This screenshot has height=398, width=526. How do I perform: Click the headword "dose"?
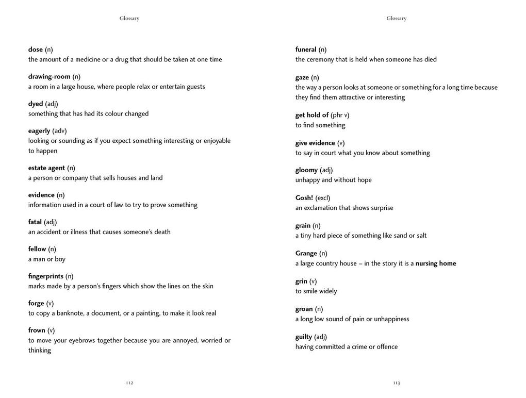pos(36,49)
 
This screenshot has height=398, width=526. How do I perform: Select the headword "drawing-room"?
pos(49,77)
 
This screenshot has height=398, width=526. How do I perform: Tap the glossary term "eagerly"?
pos(39,131)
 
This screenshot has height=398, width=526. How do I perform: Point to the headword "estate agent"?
pos(46,168)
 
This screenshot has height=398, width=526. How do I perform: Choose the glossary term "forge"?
pos(36,303)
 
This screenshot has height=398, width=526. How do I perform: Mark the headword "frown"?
pos(37,330)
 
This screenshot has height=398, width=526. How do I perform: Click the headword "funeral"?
pos(306,49)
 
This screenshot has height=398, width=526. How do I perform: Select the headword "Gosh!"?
pos(304,198)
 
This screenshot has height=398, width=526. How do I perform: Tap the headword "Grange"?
pos(306,254)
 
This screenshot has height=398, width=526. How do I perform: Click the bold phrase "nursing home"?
pos(436,263)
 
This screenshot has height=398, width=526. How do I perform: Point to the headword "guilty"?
pos(304,337)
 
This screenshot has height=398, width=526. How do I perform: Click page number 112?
pos(129,383)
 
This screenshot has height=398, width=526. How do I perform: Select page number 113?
pos(397,383)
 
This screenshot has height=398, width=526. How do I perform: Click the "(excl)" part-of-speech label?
pos(323,198)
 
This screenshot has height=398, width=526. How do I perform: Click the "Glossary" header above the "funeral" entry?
pos(397,19)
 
